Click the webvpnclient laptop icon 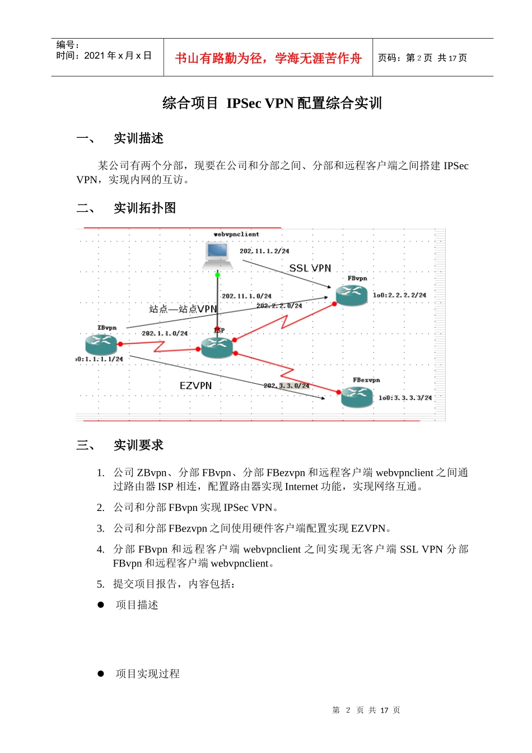(217, 255)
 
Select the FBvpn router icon (351, 295)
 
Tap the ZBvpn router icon (101, 345)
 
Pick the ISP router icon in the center (217, 347)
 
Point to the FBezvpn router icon (357, 397)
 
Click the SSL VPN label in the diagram (310, 268)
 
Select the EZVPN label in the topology (195, 385)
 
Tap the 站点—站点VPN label (183, 309)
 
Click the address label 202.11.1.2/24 (264, 251)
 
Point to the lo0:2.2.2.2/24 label (399, 295)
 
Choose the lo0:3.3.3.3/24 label (405, 398)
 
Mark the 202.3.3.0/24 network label (286, 385)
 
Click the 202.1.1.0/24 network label (165, 333)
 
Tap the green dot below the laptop (217, 275)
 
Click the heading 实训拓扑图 (144, 208)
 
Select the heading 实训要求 (138, 445)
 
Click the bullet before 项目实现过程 (101, 673)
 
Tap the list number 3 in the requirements (100, 528)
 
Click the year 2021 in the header (95, 55)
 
